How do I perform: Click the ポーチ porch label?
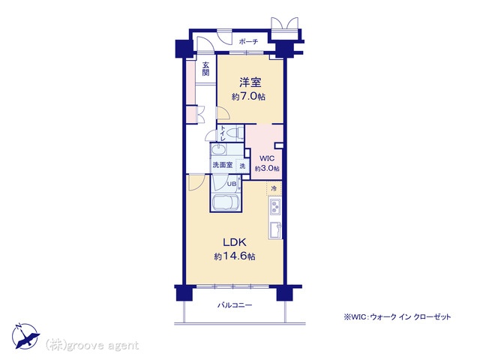click(x=248, y=42)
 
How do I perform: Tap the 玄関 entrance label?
click(x=205, y=69)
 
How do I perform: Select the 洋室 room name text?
click(x=250, y=82)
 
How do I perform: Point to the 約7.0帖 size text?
click(x=248, y=97)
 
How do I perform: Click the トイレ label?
click(x=223, y=133)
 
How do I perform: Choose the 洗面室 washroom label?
click(x=223, y=165)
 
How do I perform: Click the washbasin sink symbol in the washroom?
click(x=218, y=150)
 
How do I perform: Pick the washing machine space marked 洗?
click(x=242, y=166)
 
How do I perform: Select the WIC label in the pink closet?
click(x=267, y=158)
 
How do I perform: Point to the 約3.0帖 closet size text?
click(x=267, y=168)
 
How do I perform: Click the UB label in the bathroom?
click(x=232, y=184)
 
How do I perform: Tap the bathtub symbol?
click(x=226, y=202)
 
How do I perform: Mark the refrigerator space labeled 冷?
click(x=274, y=188)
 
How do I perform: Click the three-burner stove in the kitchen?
click(x=275, y=207)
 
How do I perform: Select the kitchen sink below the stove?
click(x=275, y=229)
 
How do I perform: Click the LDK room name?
click(x=235, y=243)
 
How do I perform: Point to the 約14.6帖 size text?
click(x=235, y=256)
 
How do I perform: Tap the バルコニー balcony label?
click(x=235, y=305)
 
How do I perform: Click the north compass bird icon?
click(x=25, y=336)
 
